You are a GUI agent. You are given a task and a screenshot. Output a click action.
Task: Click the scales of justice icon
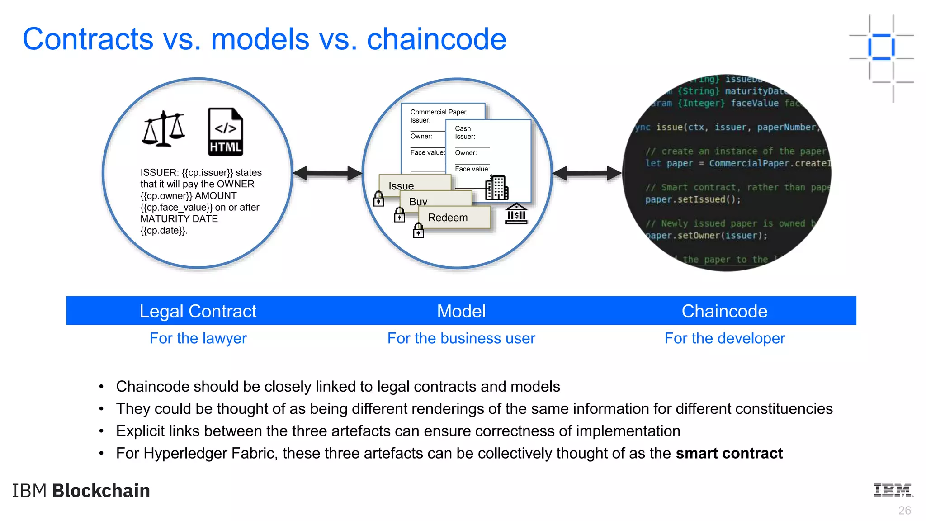tap(163, 129)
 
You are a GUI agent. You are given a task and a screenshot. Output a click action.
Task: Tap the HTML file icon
tap(225, 132)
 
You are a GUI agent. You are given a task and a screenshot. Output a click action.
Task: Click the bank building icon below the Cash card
tap(516, 213)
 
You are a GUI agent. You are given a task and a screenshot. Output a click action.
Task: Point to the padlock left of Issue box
tap(379, 199)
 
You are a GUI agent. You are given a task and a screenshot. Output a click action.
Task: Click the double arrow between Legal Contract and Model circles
tap(327, 173)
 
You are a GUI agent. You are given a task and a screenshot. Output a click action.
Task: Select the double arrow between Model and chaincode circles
tap(587, 173)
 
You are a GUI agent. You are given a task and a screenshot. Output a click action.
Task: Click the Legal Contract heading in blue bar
tap(198, 311)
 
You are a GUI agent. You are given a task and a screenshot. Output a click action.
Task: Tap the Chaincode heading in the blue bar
tap(724, 311)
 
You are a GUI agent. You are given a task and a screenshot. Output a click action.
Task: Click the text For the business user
tap(461, 338)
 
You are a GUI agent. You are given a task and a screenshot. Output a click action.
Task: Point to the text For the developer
tap(724, 338)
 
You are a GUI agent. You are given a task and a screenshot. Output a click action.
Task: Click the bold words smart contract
tap(729, 453)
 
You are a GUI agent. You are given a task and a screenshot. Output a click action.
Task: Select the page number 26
tap(904, 511)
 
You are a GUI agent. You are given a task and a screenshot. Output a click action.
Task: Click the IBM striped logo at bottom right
tap(893, 490)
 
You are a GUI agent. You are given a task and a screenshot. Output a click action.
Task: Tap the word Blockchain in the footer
tap(101, 491)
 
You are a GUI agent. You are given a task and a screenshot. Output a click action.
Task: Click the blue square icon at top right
tap(881, 47)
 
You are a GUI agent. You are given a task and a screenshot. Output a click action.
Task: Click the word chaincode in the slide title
tap(436, 39)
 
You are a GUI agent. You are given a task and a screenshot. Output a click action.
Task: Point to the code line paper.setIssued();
tap(693, 199)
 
